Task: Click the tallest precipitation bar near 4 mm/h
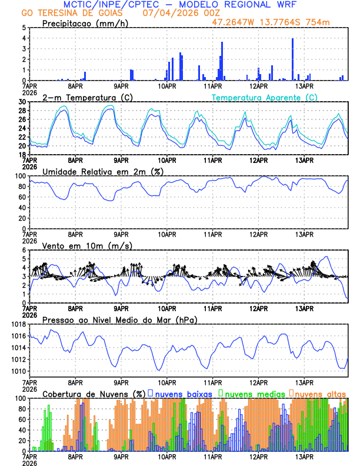[292, 59]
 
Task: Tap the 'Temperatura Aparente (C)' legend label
[265, 97]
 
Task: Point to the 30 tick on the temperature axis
[22, 102]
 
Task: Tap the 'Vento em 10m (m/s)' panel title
[87, 245]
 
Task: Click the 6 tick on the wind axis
[24, 250]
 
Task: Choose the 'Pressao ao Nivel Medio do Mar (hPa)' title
[120, 319]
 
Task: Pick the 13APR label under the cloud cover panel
[304, 457]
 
